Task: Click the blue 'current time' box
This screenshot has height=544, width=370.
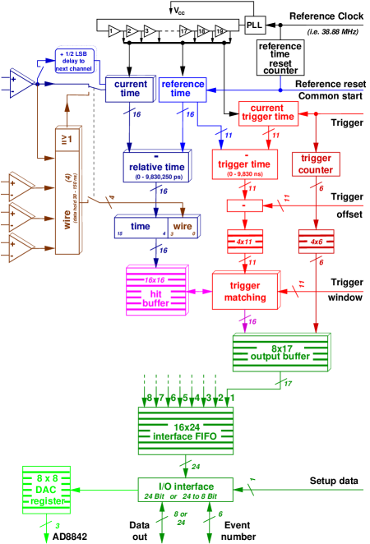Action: click(x=129, y=89)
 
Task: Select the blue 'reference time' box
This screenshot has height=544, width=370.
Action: click(x=182, y=90)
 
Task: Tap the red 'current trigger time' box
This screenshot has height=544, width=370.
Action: click(x=267, y=113)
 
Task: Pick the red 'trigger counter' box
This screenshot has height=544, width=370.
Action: click(x=315, y=164)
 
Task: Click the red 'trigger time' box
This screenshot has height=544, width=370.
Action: click(x=244, y=164)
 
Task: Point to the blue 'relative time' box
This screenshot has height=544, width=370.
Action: click(x=156, y=167)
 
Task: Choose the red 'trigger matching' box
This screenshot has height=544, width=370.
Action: click(x=245, y=290)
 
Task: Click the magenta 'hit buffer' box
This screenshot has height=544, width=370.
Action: click(x=155, y=290)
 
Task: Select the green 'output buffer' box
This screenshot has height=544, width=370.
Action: click(x=280, y=352)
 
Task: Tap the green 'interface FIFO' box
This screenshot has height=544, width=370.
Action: click(x=185, y=430)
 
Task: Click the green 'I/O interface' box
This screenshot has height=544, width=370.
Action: click(x=185, y=490)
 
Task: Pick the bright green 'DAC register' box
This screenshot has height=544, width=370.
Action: click(x=46, y=490)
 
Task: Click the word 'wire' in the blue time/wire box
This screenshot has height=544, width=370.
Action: click(x=183, y=227)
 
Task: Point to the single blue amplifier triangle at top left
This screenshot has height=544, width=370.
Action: click(x=22, y=83)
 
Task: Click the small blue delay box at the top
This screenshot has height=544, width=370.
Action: click(x=75, y=60)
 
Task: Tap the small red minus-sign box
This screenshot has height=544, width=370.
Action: click(x=244, y=205)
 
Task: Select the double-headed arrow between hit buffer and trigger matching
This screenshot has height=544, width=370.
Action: click(x=200, y=291)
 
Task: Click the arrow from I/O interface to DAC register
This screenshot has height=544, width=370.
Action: click(x=104, y=490)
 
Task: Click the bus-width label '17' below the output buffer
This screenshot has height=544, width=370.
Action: click(x=288, y=383)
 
